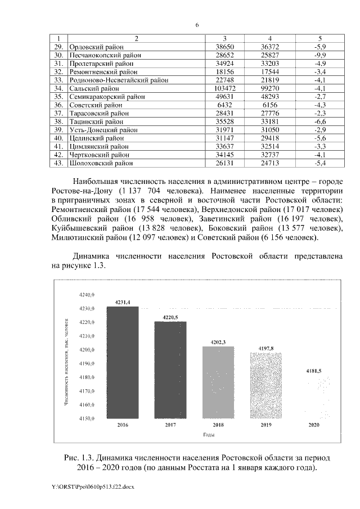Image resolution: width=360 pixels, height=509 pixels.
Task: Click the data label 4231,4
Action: (123, 302)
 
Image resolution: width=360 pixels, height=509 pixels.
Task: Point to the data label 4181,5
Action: (313, 371)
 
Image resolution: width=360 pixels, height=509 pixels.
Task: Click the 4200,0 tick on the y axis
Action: (88, 350)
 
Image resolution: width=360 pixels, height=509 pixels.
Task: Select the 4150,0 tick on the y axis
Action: (88, 418)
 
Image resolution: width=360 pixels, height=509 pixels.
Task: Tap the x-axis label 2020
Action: (313, 425)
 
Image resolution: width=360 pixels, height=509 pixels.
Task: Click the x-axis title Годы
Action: (209, 435)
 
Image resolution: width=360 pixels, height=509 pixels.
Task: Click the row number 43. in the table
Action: (57, 163)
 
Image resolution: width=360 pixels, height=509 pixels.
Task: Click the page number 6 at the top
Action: (197, 25)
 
